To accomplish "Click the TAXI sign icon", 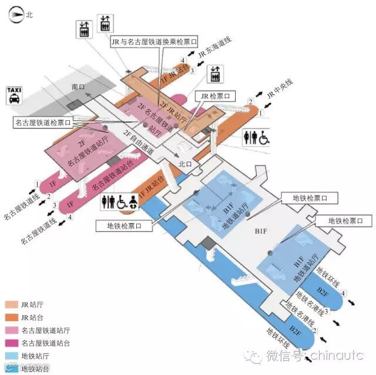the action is click(x=14, y=96).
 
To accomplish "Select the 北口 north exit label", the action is click(x=185, y=164).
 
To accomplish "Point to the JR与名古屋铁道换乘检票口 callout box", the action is click(x=155, y=42).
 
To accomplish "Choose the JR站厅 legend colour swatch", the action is click(x=12, y=305).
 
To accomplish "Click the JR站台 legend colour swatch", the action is click(x=12, y=317).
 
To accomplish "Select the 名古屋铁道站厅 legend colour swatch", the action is click(x=12, y=330).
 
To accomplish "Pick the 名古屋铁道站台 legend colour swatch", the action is click(x=12, y=343).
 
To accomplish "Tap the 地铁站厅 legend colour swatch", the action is click(x=12, y=356).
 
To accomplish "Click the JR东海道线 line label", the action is click(x=215, y=48).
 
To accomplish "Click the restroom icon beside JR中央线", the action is click(x=251, y=137).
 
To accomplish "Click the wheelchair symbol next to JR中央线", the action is click(x=264, y=137).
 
